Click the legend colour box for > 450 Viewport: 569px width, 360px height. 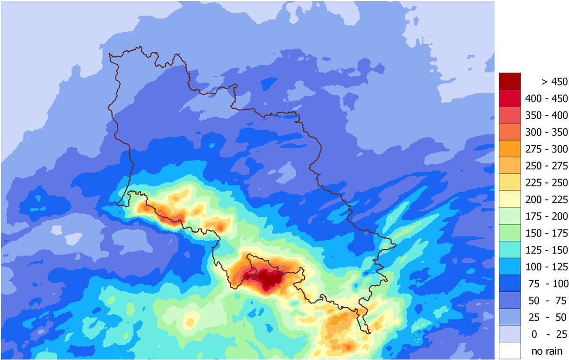[510, 81]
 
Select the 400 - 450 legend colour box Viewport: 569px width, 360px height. [510, 98]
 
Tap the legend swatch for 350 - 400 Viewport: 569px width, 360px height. [510, 115]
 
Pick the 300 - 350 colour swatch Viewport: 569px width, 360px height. [510, 132]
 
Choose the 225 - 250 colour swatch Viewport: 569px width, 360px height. [510, 183]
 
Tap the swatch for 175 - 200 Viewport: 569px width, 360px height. [510, 217]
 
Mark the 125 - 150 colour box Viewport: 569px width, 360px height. [510, 250]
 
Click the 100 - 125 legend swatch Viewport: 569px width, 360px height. [510, 267]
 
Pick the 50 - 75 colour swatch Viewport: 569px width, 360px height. [510, 301]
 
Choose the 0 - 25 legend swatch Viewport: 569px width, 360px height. [510, 334]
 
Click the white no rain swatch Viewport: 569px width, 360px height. [510, 351]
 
